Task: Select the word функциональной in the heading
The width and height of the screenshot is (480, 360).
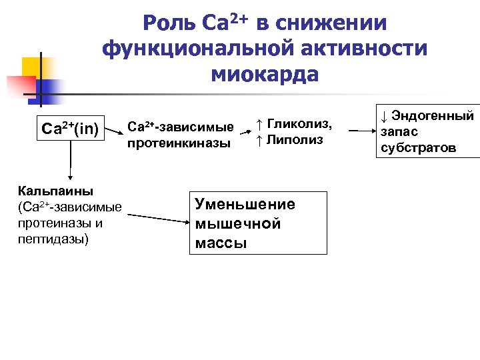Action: point(188,49)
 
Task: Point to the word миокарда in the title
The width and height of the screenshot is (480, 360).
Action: point(265,74)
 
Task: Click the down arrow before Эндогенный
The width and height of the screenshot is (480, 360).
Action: point(384,115)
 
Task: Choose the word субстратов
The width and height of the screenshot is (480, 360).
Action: point(418,147)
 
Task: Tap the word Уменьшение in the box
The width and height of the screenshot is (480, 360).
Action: point(245,205)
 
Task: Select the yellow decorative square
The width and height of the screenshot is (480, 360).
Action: point(33,67)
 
